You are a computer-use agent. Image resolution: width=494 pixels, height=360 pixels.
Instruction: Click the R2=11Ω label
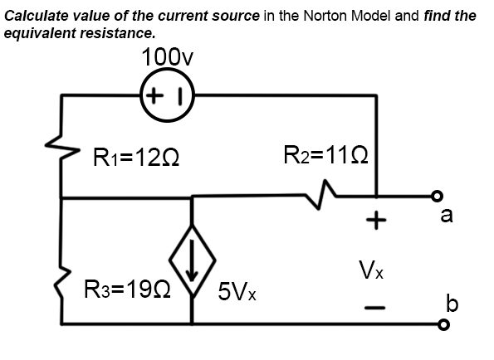[325, 154]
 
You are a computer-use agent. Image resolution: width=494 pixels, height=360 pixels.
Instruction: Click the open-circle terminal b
[444, 324]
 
